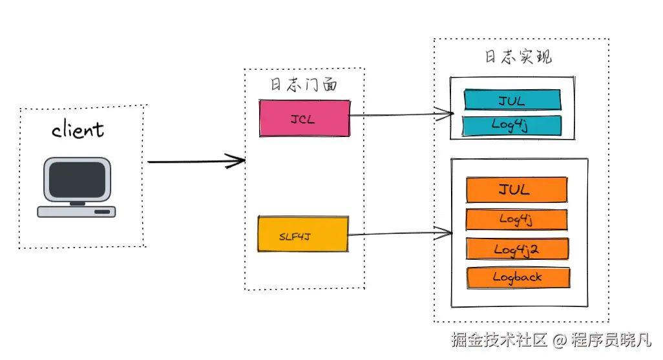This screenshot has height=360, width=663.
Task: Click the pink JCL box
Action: (x=304, y=118)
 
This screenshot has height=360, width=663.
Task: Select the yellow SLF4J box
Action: (x=303, y=236)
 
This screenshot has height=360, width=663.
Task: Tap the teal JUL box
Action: (x=512, y=100)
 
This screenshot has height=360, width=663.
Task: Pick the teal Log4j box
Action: (x=512, y=125)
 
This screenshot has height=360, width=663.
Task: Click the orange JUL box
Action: (x=516, y=190)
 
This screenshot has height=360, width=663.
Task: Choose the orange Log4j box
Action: (x=516, y=220)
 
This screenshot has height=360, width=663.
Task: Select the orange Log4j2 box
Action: (x=516, y=249)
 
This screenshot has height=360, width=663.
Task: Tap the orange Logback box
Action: (x=517, y=277)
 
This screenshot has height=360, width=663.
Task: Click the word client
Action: (x=78, y=129)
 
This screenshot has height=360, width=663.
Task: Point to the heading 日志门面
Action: (x=303, y=85)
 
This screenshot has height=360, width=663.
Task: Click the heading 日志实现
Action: (x=519, y=56)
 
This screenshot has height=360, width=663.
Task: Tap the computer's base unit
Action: (x=76, y=211)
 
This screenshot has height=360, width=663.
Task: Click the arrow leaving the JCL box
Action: (x=401, y=115)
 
